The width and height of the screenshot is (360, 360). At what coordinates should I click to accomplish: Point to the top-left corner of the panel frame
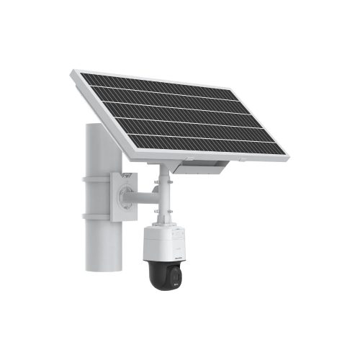pos(73,71)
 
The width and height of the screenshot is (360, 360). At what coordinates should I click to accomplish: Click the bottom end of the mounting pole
pos(100,268)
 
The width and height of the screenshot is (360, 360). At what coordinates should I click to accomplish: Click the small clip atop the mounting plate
pos(127,174)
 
